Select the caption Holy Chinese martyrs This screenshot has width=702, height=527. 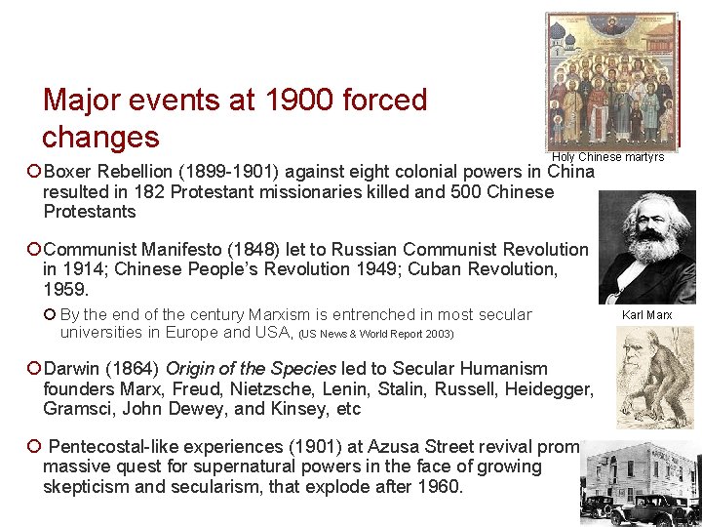(x=607, y=157)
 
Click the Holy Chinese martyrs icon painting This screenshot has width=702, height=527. (x=610, y=81)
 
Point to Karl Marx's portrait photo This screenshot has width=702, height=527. (x=647, y=247)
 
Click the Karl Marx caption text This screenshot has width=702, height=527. (x=647, y=315)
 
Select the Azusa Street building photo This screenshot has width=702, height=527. (x=642, y=482)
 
